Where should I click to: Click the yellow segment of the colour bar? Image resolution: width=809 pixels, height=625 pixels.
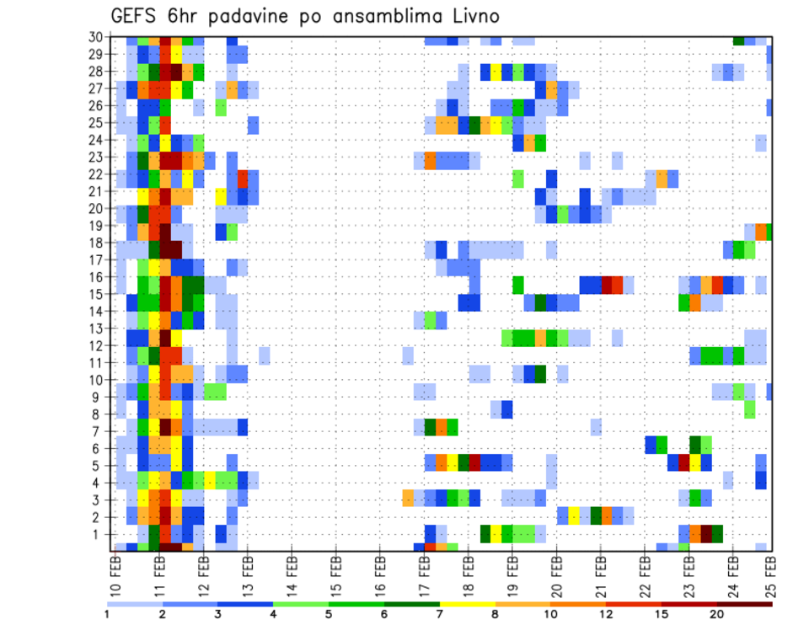tap(467, 604)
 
